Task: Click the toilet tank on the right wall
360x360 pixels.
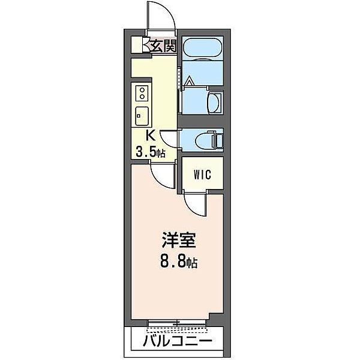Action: [x=220, y=140]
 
